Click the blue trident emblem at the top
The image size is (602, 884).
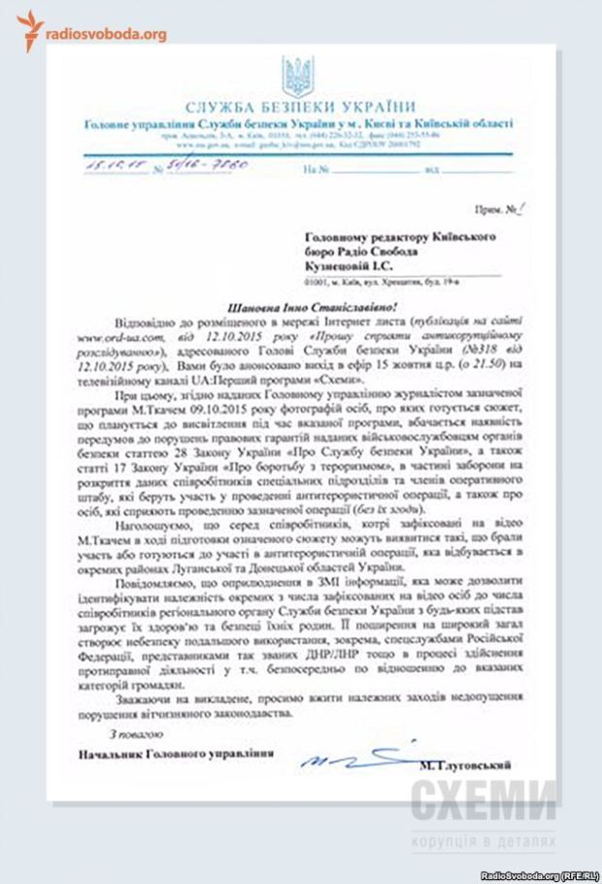[x=296, y=76]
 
